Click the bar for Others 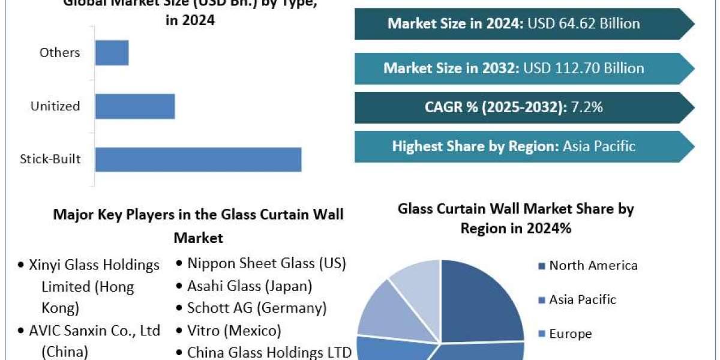click(x=112, y=52)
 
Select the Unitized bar click(x=135, y=106)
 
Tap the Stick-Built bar click(x=198, y=160)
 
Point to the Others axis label click(x=59, y=52)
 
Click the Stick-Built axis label click(x=50, y=160)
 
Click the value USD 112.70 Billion click(x=584, y=68)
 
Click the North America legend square click(x=542, y=266)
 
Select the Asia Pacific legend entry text click(x=583, y=299)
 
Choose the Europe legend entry click(x=570, y=334)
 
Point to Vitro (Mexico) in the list click(x=234, y=330)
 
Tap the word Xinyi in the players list click(x=46, y=265)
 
